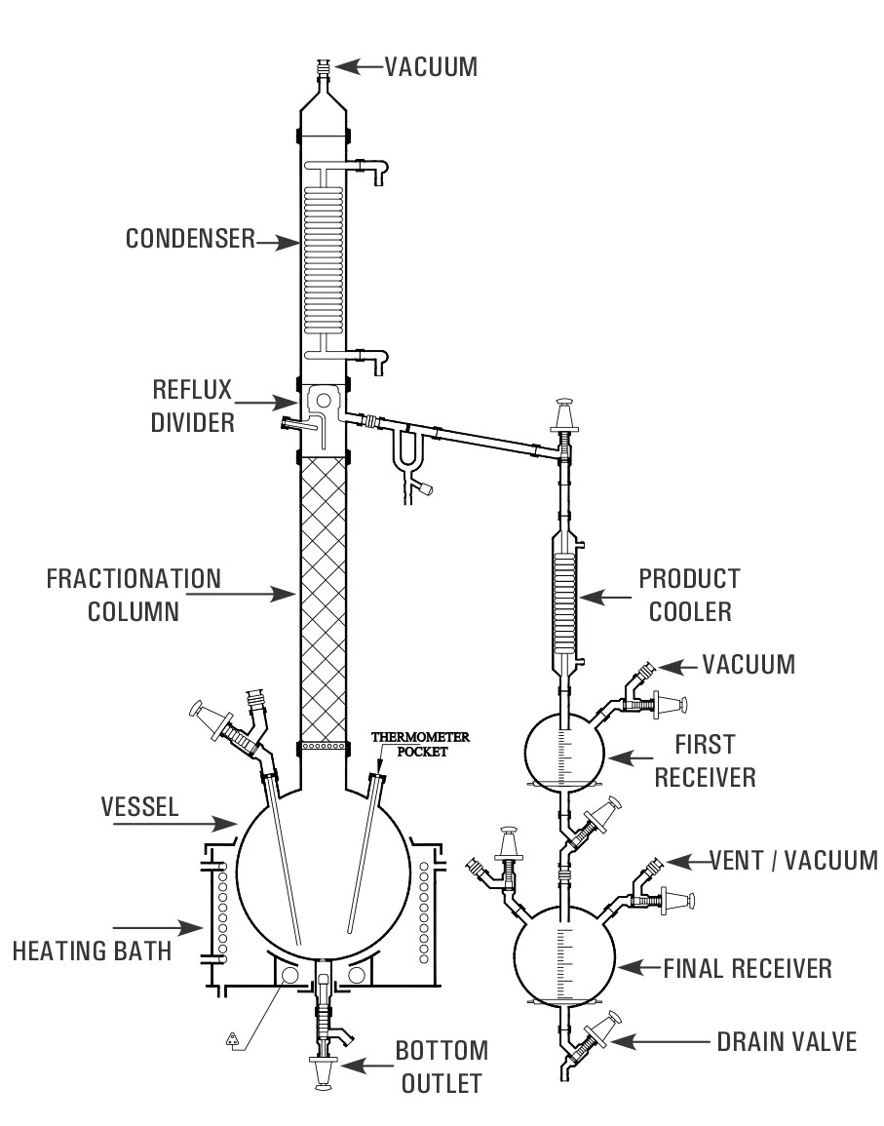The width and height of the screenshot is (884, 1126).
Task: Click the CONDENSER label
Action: point(190,239)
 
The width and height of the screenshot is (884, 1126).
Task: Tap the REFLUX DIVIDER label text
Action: point(192,406)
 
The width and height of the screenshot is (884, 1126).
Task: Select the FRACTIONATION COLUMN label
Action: point(134,596)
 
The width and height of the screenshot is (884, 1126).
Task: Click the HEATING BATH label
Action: point(93,951)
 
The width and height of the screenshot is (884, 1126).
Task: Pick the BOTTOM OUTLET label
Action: point(442,1067)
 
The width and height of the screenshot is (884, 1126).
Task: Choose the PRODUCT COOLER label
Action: point(690,595)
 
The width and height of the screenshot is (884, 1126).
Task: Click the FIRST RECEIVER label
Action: point(706,761)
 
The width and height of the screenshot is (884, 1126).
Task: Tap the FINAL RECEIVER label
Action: point(748,969)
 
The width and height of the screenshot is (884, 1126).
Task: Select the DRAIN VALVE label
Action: point(788,1042)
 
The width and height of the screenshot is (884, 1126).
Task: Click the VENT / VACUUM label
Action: point(794,860)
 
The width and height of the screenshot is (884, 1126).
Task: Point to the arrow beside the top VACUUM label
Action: point(359,67)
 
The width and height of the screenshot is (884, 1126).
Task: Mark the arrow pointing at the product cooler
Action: point(605,597)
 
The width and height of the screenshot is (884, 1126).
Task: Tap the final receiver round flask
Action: point(565,954)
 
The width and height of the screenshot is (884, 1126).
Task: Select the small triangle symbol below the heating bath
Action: point(233,1037)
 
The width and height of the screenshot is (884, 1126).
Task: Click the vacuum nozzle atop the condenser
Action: point(324,69)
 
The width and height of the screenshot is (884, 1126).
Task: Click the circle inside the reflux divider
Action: point(324,400)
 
